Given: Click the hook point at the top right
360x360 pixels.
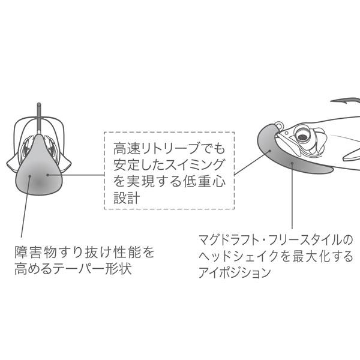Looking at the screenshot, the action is point(331,100).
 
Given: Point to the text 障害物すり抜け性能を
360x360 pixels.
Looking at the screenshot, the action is point(85,251).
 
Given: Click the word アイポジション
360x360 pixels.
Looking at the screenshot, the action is point(238,272).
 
